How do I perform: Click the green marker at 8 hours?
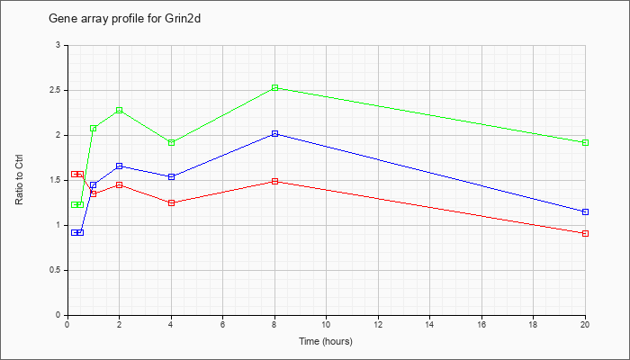274,87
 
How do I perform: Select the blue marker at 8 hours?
274,133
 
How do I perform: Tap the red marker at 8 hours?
274,181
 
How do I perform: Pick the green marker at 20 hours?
585,142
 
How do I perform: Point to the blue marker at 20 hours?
585,211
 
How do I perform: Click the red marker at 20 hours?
585,233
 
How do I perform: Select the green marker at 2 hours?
120,110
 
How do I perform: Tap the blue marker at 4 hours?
172,176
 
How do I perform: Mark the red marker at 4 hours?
172,202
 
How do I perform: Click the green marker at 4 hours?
172,142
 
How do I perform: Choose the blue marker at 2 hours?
120,166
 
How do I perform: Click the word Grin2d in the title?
183,19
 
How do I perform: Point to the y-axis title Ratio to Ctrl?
19,179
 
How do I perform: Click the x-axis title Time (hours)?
326,341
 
